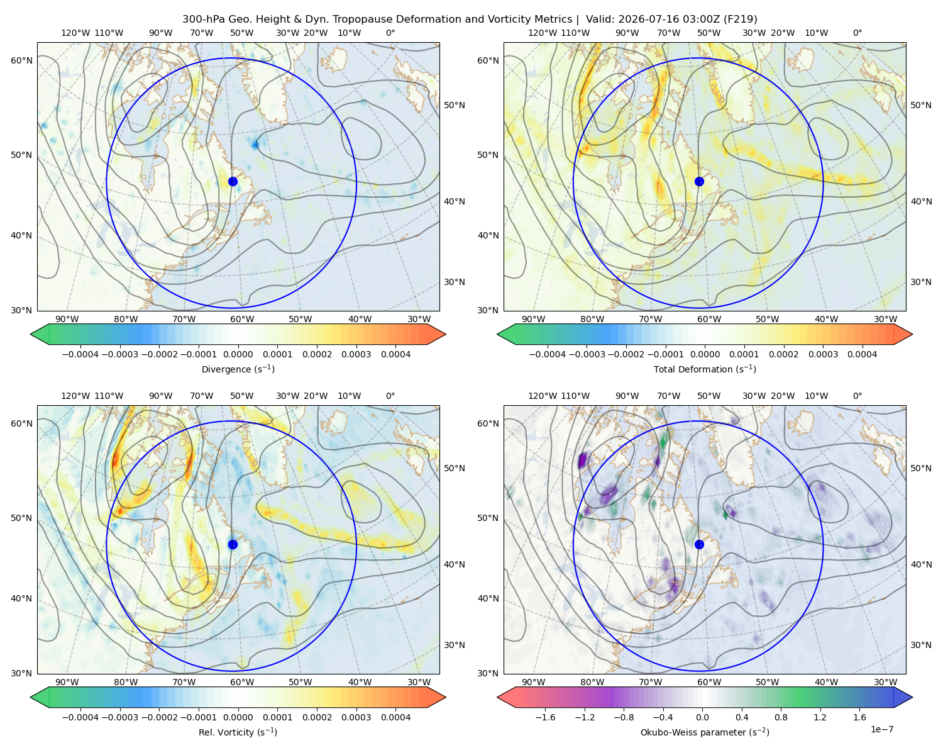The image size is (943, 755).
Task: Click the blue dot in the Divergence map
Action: tap(233, 181)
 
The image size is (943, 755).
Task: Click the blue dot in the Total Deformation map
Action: tap(699, 181)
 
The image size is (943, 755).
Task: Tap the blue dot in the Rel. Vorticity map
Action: tap(233, 544)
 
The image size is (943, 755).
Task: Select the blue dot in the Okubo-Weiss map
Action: tap(699, 544)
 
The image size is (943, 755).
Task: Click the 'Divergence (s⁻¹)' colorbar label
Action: tap(238, 369)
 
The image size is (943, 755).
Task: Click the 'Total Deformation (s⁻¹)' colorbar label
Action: tap(705, 369)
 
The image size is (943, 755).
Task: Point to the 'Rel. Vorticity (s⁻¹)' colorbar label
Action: tap(238, 732)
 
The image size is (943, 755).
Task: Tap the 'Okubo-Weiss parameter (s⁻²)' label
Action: tap(705, 732)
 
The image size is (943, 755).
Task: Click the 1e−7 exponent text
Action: tap(881, 729)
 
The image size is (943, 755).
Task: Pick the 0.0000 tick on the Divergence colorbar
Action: tap(238, 354)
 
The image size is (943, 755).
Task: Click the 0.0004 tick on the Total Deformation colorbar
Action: tap(862, 354)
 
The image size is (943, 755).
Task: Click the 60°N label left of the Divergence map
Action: tap(21, 60)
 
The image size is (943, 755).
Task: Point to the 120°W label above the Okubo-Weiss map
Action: tap(542, 395)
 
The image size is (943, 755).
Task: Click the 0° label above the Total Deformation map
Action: tap(857, 33)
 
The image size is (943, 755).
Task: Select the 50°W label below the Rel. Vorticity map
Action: tap(300, 682)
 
